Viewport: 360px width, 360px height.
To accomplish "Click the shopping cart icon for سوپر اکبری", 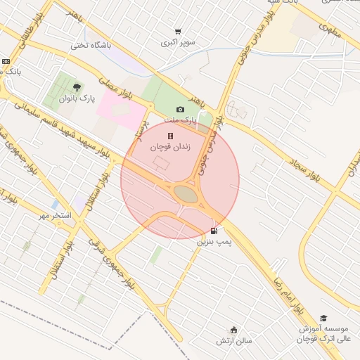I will (178, 32).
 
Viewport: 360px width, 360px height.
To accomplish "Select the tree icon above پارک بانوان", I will (77, 87).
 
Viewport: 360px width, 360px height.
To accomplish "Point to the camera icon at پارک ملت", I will (181, 109).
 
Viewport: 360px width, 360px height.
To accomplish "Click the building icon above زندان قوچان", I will (169, 136).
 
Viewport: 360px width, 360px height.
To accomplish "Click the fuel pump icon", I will (214, 231).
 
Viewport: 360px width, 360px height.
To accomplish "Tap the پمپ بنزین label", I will (214, 241).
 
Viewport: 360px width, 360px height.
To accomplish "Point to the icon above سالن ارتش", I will (234, 330).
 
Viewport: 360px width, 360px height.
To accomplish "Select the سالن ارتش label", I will (234, 341).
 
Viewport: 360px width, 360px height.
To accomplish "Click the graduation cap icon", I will (323, 319).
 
